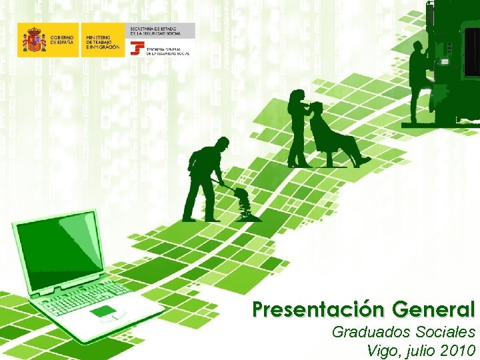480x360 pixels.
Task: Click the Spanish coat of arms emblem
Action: (x=33, y=40)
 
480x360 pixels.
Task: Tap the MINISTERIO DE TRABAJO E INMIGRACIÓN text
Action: (x=102, y=40)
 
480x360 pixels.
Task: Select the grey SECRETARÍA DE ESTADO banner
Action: (x=161, y=30)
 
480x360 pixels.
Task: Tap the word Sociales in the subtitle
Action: (x=442, y=332)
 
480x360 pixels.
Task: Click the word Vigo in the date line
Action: (x=382, y=351)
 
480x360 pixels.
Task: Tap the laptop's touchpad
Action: (x=103, y=312)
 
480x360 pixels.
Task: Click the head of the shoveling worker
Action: (x=223, y=144)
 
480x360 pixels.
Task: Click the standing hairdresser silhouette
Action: (x=297, y=127)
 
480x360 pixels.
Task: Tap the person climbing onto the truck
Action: (x=419, y=77)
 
